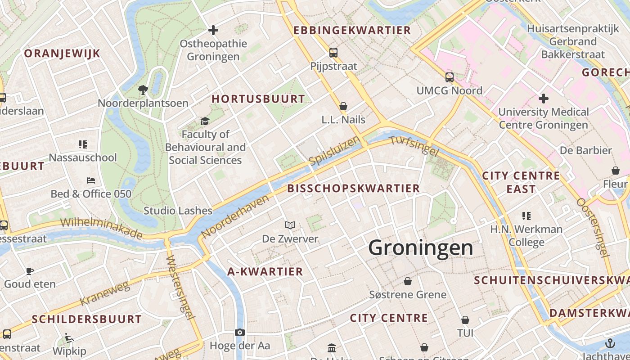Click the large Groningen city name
click(420, 248)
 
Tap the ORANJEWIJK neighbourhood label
click(62, 54)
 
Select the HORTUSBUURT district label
click(258, 99)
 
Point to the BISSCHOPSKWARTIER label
click(353, 188)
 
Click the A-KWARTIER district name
click(265, 271)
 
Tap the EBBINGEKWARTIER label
click(352, 30)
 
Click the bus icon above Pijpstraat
click(333, 53)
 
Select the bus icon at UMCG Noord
click(449, 77)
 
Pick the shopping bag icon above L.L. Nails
click(343, 107)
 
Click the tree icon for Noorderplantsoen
click(143, 90)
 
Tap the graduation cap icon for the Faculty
click(205, 121)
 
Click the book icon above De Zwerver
click(290, 225)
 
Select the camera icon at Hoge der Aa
click(240, 332)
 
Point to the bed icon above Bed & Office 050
click(91, 180)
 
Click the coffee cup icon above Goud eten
click(30, 271)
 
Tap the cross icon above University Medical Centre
click(543, 98)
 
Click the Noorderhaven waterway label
click(236, 216)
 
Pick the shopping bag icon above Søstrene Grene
click(408, 281)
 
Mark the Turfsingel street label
click(414, 146)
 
